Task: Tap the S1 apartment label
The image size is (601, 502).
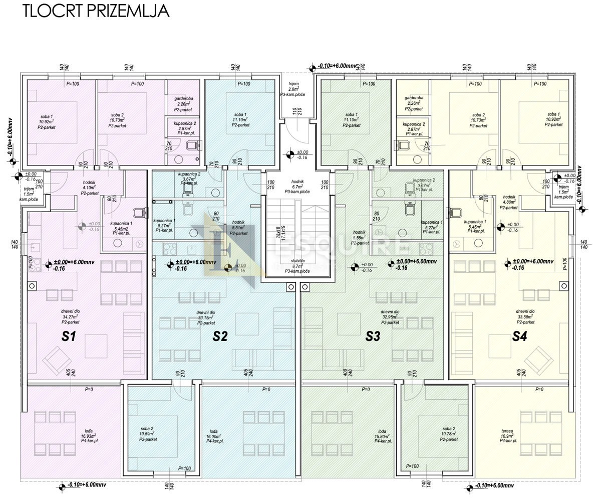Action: coord(69,337)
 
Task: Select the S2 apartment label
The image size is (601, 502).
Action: coord(220,337)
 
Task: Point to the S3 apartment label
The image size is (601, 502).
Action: coord(372,337)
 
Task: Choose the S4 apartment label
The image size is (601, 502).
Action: coord(519,337)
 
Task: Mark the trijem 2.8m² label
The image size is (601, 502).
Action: coord(293,89)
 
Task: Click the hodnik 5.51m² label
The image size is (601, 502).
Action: coord(238,228)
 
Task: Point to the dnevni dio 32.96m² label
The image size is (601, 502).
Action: coord(390,317)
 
